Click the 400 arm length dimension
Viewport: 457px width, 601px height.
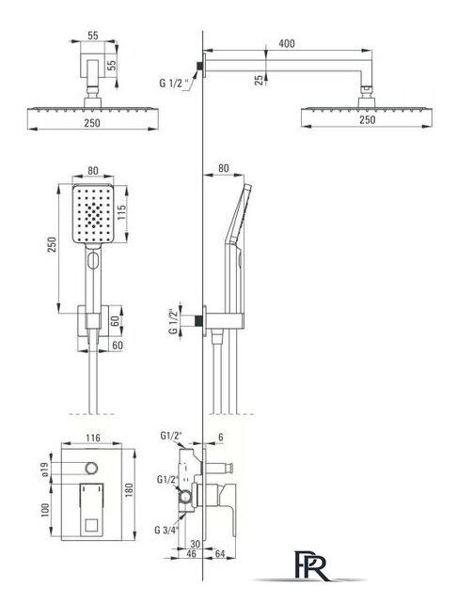click(x=287, y=43)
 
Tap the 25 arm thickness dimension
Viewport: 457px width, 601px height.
click(x=260, y=80)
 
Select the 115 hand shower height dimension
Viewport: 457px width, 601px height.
click(x=121, y=213)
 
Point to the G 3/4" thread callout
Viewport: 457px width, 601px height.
click(x=168, y=530)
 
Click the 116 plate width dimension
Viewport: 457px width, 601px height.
click(x=93, y=438)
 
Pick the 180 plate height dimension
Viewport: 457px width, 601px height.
click(x=129, y=491)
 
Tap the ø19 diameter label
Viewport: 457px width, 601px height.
click(x=45, y=470)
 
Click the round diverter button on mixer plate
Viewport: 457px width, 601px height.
click(x=92, y=468)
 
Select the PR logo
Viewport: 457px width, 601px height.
click(x=312, y=565)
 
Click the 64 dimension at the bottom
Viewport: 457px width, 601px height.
click(x=220, y=553)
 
